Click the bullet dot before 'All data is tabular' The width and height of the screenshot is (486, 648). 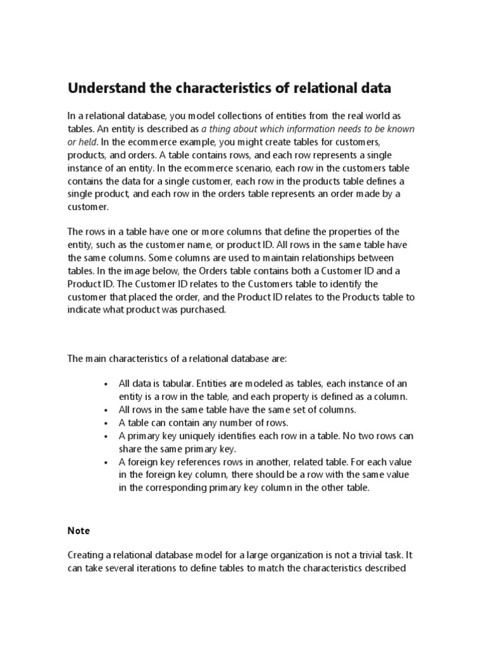[106, 383]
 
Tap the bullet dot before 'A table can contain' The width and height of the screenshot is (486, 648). [106, 422]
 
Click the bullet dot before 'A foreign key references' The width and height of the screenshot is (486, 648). [106, 461]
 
